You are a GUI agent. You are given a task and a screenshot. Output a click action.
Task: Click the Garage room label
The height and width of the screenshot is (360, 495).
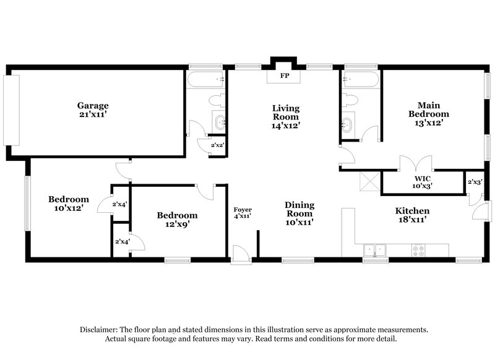coord(93,110)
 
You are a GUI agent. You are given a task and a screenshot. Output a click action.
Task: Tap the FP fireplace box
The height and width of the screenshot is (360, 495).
coord(285,77)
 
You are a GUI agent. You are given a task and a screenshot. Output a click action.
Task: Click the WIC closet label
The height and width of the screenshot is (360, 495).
coord(423,182)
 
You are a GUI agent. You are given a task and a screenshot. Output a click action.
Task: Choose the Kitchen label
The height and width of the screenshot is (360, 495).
coord(412,215)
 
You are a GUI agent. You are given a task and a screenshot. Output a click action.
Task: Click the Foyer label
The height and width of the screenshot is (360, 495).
coord(242,212)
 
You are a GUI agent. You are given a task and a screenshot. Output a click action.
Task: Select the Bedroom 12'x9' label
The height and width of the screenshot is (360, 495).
coord(177,220)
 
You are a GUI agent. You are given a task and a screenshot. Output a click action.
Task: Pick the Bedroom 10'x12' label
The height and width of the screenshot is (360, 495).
coord(69,204)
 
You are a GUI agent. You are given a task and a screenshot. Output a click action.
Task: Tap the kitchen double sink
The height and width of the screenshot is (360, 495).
coord(374,251)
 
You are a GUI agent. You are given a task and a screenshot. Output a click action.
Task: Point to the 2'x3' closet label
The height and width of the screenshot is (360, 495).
coord(475,182)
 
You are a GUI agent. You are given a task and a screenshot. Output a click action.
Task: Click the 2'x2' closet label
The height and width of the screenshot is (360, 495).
coord(217,145)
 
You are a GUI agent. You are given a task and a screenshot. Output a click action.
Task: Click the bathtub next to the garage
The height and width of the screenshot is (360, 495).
coord(205,80)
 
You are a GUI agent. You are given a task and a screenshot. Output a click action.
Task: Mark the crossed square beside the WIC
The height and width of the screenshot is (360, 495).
coord(370,182)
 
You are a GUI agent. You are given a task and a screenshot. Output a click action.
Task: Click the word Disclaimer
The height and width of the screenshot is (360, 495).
coord(100,330)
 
